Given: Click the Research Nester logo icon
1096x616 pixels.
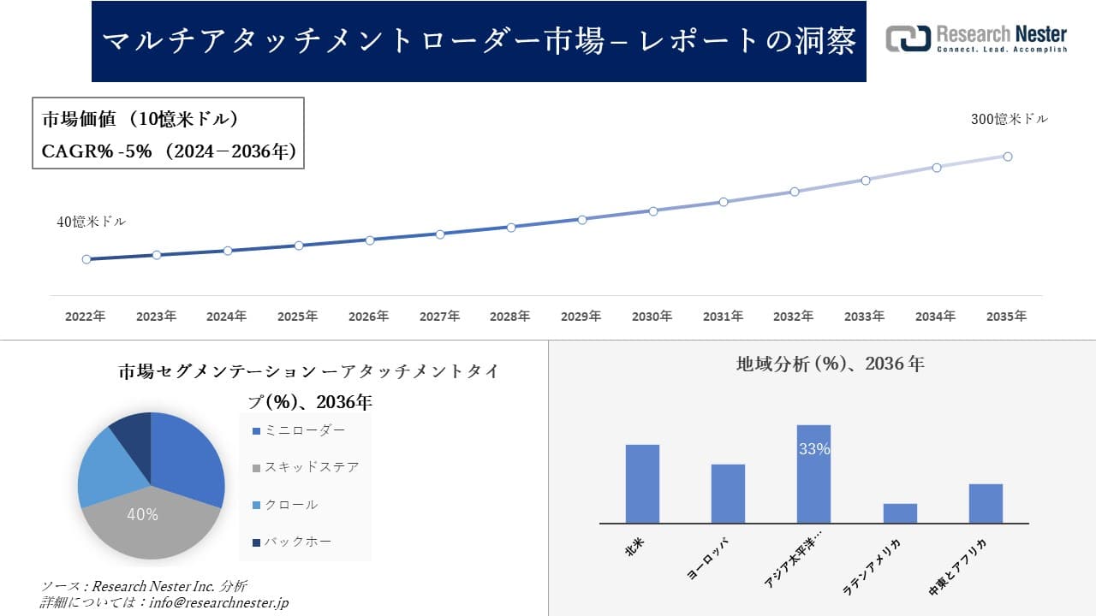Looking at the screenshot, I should pos(908,38).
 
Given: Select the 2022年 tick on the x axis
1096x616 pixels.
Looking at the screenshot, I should pos(86,317).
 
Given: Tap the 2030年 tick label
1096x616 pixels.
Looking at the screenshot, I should pos(652,317).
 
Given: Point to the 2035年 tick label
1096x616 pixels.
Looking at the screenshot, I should pos(1006,317).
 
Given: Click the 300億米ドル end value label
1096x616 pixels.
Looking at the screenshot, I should pos(1009,120).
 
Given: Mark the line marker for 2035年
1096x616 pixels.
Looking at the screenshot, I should pos(1008,157).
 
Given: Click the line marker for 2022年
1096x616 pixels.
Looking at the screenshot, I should pos(86,259).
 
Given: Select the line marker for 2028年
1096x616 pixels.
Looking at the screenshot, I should pos(511,228).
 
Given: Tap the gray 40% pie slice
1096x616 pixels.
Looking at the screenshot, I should pos(146,522).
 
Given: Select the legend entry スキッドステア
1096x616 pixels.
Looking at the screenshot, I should pos(305,467).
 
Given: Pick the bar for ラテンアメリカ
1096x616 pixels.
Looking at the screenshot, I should pos(900,513).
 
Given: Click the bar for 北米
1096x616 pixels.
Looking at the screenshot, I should pos(642,483).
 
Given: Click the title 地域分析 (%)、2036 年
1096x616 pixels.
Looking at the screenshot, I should pos(830,364).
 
